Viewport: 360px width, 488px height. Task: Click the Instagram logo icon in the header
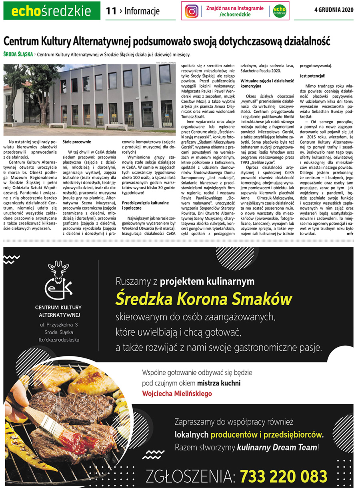click(192, 11)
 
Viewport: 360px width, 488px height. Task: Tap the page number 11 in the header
click(111, 11)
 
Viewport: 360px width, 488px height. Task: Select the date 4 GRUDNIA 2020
click(334, 10)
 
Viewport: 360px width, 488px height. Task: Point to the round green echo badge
click(280, 11)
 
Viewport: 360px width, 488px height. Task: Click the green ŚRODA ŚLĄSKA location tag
click(18, 54)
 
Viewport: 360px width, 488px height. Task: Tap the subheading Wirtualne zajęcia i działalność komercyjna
click(267, 83)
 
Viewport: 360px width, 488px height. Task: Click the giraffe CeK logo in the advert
click(58, 280)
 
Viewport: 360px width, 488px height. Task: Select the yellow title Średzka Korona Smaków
click(204, 298)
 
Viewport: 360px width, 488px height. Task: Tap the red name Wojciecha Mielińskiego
click(177, 394)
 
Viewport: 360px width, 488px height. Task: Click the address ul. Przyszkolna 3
click(58, 324)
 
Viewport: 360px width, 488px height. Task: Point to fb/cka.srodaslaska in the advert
click(58, 340)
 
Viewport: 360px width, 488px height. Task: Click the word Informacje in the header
click(142, 11)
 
